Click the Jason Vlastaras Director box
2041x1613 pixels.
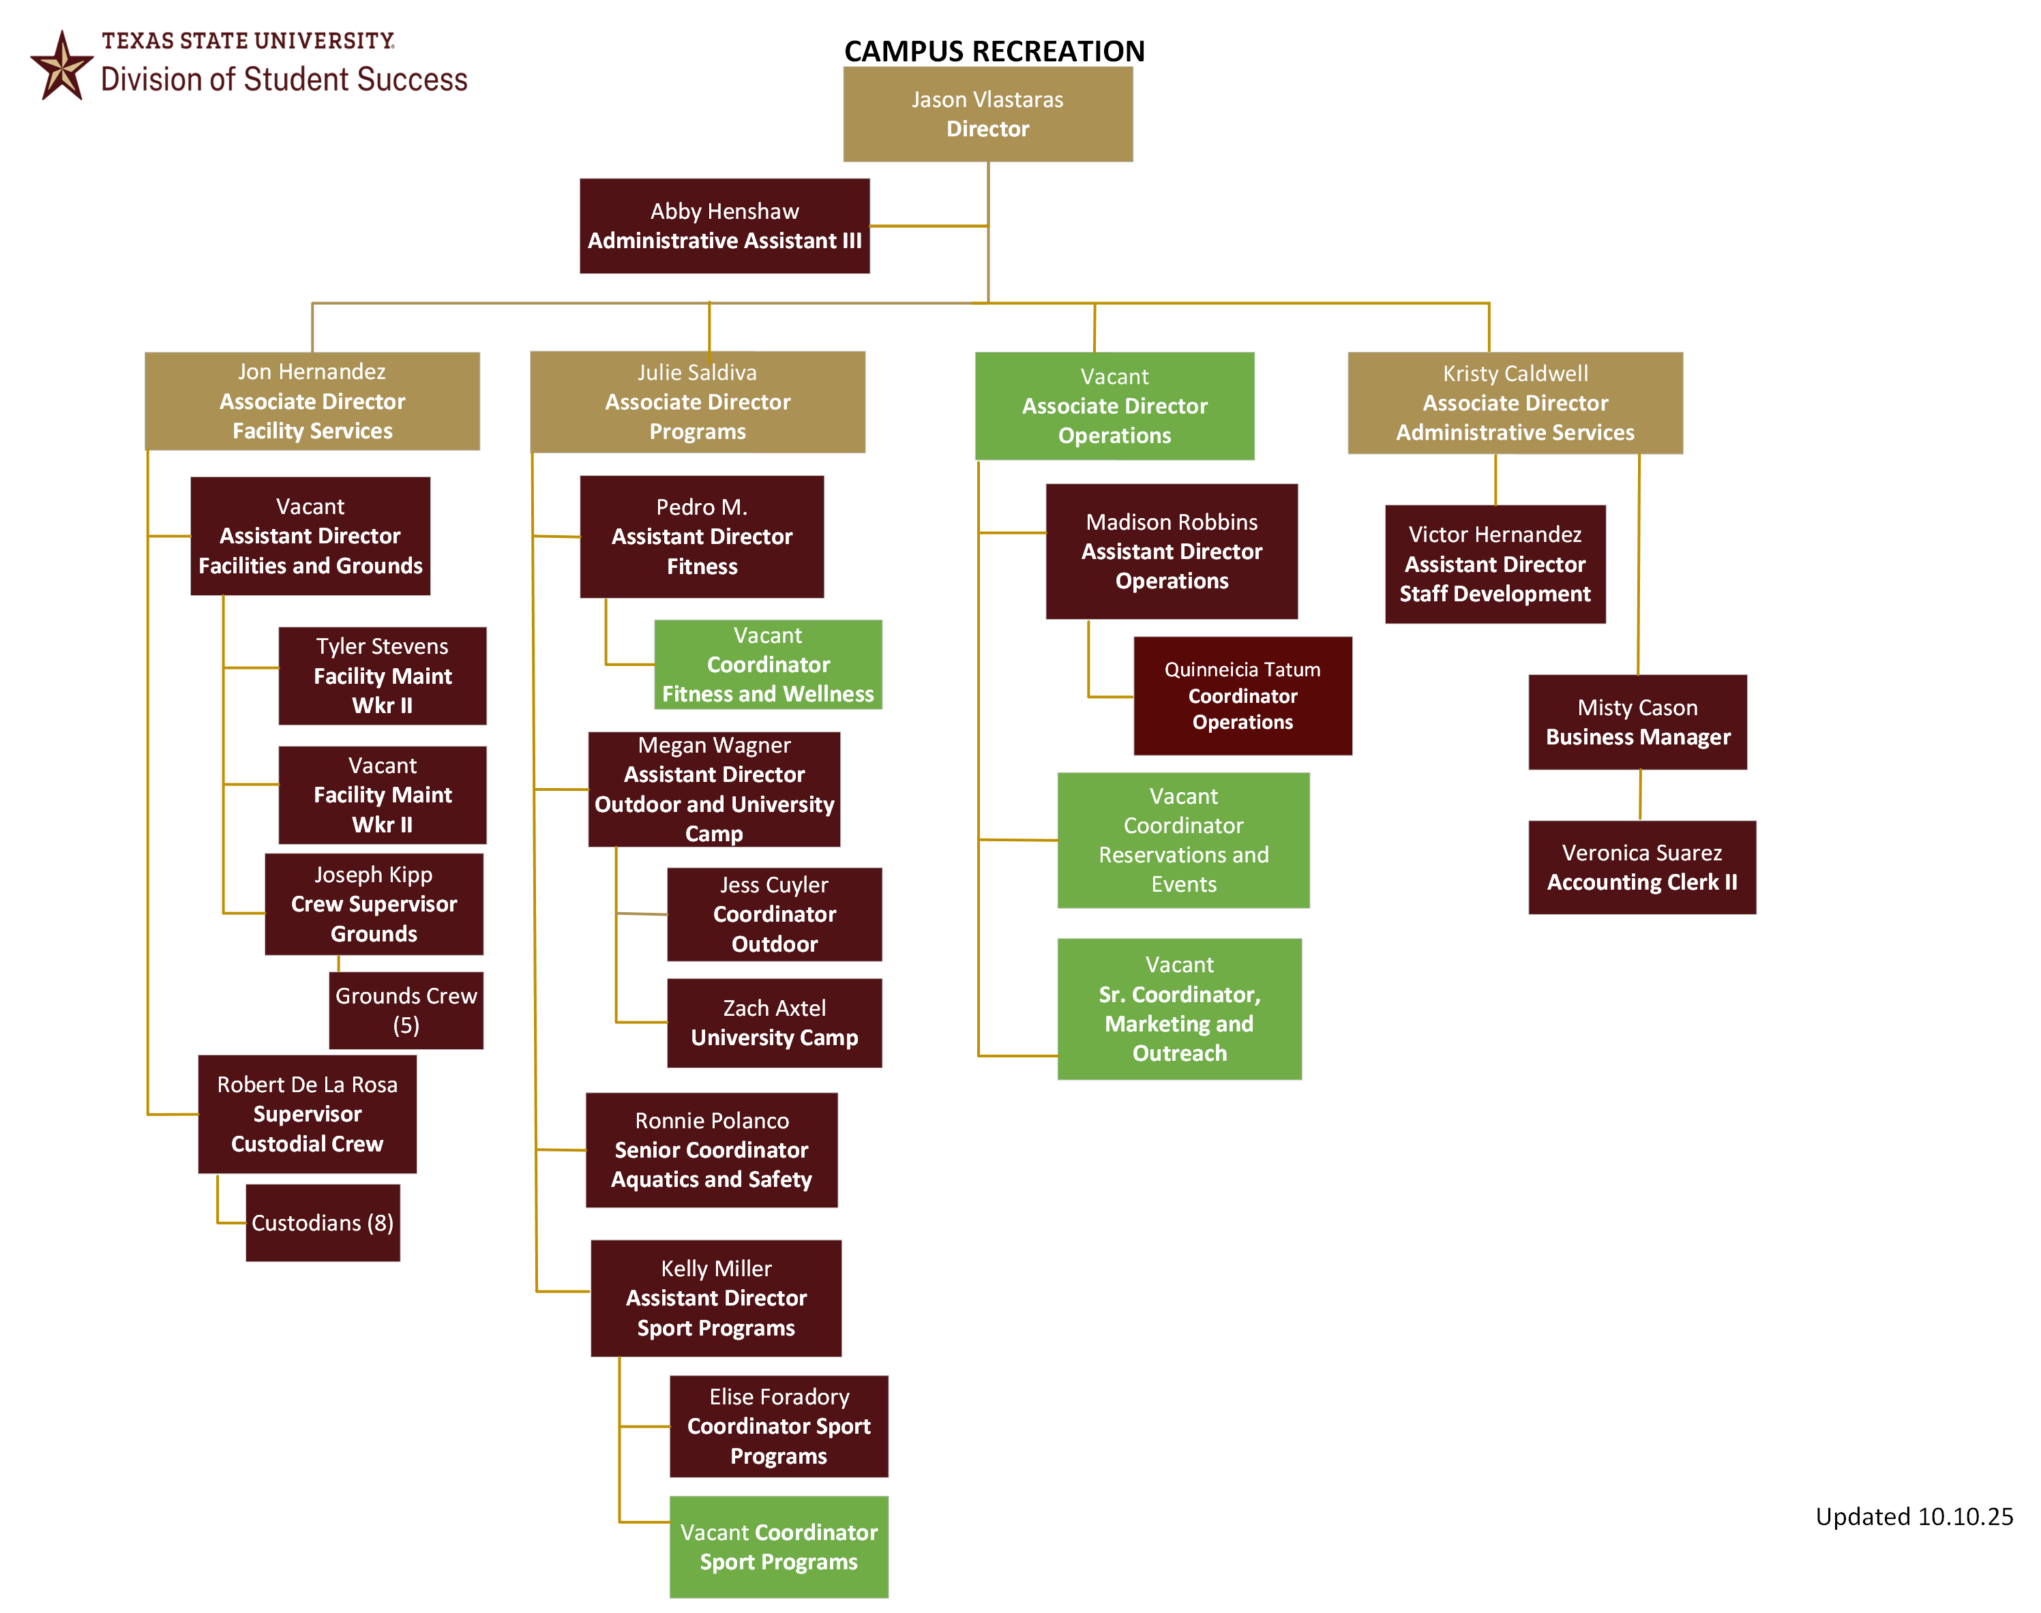pos(987,113)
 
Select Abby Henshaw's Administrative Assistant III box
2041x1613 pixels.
pos(724,226)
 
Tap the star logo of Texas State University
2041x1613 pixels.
pos(62,65)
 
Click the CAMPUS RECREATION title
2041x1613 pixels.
pos(994,51)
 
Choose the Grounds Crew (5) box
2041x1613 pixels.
pos(406,1010)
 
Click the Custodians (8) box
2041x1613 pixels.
pos(323,1223)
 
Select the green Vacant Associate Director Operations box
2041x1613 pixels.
pos(1114,406)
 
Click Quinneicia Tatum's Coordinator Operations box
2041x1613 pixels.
pos(1243,696)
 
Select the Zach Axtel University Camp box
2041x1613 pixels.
pos(775,1023)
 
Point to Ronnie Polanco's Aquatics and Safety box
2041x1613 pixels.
pos(711,1150)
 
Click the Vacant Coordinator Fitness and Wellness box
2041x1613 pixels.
pos(768,664)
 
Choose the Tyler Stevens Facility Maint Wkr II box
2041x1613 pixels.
pos(383,676)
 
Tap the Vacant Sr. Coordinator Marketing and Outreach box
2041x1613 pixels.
pos(1180,1008)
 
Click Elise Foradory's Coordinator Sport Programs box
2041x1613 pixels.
pos(779,1426)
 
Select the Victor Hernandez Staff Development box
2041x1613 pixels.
pos(1495,564)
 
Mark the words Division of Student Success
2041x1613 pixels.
pos(284,79)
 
